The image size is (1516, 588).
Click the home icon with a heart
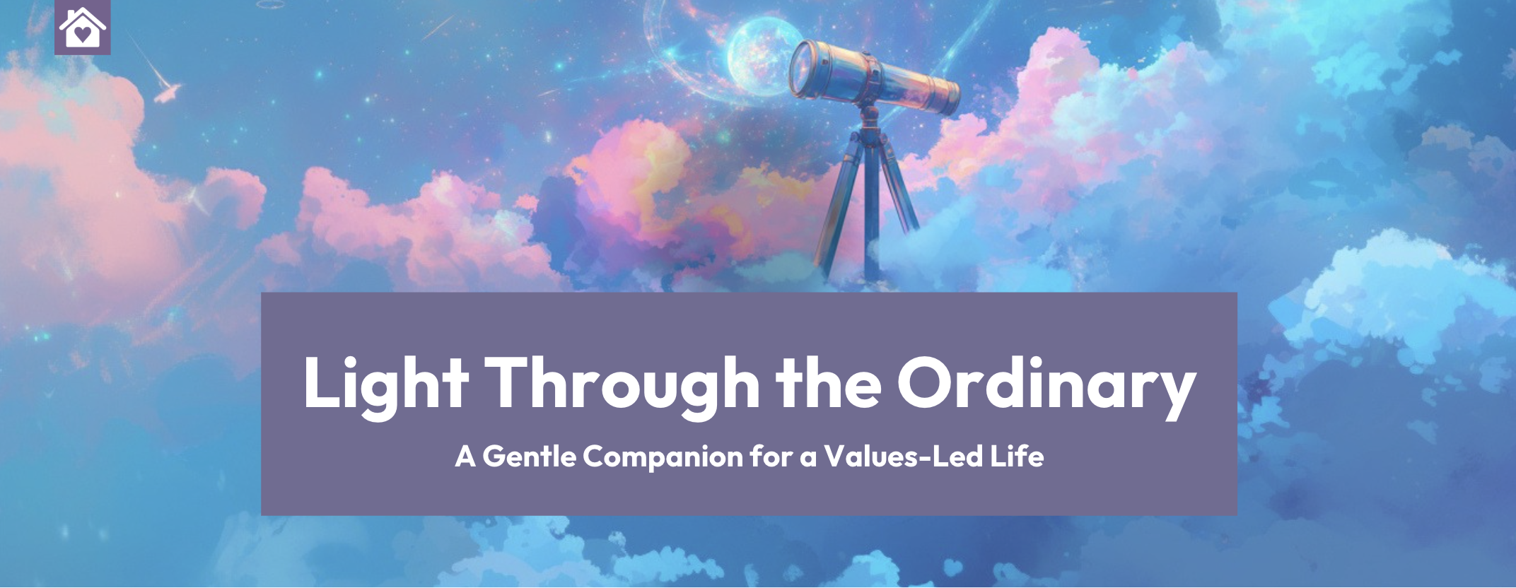click(x=83, y=27)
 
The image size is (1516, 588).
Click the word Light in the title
click(x=386, y=385)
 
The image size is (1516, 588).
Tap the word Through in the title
click(x=623, y=385)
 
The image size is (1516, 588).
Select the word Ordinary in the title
click(x=1046, y=385)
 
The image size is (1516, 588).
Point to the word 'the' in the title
click(x=829, y=382)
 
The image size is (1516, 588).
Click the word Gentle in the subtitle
click(x=530, y=456)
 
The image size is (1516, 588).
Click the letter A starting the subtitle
click(x=465, y=457)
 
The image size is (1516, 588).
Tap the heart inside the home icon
click(x=83, y=33)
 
